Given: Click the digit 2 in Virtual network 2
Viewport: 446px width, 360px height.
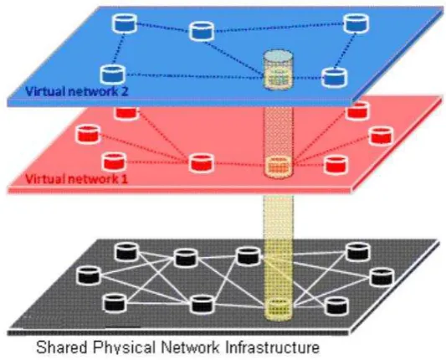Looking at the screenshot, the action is click(x=125, y=91).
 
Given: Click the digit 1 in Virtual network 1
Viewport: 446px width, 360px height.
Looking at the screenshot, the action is click(x=125, y=179).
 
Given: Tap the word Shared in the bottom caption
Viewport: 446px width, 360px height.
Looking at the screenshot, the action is click(x=61, y=347).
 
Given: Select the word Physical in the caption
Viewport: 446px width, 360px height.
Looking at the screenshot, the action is click(x=125, y=347).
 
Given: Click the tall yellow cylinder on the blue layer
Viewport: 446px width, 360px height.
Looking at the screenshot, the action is click(x=278, y=69).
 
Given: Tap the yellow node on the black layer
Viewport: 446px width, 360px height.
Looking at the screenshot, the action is click(x=279, y=310).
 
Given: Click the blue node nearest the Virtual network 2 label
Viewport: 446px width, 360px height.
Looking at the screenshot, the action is click(x=113, y=74).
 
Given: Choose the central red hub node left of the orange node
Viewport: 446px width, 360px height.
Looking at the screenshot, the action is click(x=202, y=162).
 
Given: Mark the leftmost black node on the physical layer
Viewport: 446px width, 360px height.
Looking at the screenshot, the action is click(x=89, y=275).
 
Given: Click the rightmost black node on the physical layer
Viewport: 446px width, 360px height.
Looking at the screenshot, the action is click(x=382, y=276).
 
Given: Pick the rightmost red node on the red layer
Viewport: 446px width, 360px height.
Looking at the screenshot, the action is click(x=381, y=136).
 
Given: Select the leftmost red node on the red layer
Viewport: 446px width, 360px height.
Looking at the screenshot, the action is click(x=88, y=133).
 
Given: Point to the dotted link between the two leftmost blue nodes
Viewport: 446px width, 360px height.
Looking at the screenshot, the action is click(x=118, y=49).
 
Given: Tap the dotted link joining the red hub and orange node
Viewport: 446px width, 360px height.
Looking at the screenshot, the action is click(x=239, y=164).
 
